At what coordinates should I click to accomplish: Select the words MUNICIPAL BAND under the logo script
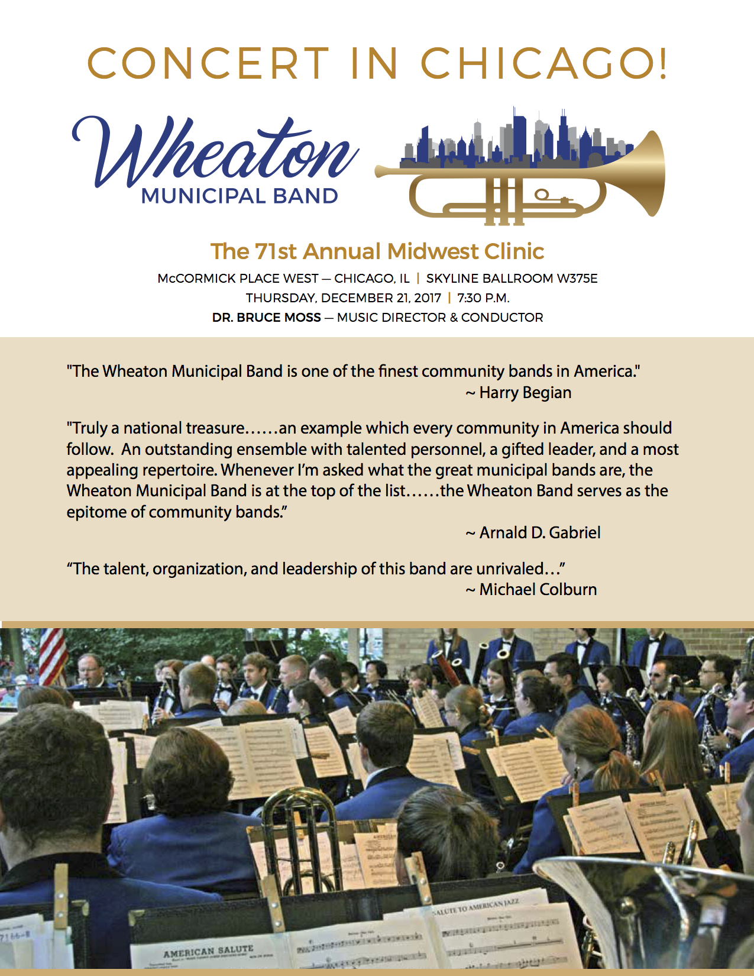240,196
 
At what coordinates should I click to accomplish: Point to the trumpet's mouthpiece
381,171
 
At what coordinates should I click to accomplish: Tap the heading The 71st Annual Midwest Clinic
377,251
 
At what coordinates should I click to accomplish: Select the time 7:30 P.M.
483,298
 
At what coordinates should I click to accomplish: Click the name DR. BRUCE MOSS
266,318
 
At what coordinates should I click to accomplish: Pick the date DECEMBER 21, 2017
381,298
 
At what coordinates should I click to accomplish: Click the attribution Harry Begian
525,393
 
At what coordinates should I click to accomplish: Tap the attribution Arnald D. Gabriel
540,533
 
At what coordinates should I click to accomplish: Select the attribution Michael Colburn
538,589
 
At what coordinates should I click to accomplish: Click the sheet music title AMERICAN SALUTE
208,951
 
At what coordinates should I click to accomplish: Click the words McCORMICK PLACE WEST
238,279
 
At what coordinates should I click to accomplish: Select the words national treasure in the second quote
184,428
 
